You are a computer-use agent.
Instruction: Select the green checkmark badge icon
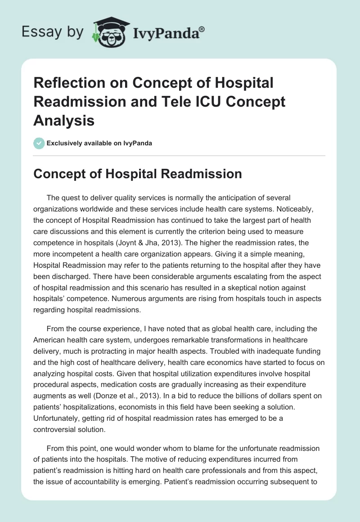click(39, 143)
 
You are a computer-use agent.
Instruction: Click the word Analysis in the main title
click(64, 120)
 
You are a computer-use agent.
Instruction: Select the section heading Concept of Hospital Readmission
click(138, 174)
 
